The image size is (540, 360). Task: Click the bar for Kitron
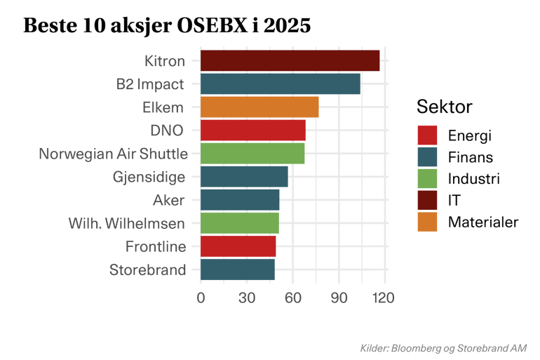tap(290, 60)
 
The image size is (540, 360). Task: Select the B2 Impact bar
tap(280, 84)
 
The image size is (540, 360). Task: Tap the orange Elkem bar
tap(259, 107)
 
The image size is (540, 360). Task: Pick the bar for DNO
tap(253, 131)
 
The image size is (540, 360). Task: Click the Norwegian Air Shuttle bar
tap(252, 153)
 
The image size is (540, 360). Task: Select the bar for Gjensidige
tap(244, 176)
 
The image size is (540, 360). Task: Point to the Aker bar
tap(240, 199)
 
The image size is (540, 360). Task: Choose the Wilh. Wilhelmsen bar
tap(240, 223)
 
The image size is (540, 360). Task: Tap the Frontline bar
tap(238, 246)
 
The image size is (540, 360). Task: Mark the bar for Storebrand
tap(238, 269)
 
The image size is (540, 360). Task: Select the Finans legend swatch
tap(427, 156)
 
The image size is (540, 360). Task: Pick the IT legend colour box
tap(427, 200)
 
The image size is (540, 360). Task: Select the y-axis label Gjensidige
tap(149, 177)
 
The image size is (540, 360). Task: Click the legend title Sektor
tap(444, 107)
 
